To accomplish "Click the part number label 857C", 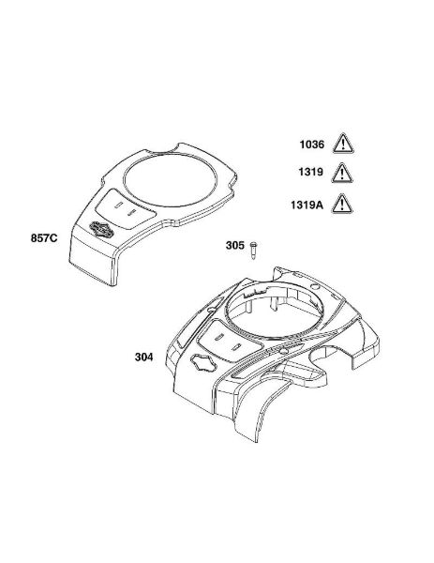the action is tap(44, 238).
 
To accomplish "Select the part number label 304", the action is tap(143, 357).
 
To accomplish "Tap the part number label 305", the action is tap(235, 245).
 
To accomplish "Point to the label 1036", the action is tap(312, 145).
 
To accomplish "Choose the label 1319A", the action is tap(307, 205).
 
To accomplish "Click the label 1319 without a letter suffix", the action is tap(310, 172).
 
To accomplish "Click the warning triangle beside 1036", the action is tap(343, 144).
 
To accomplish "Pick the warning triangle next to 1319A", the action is tap(342, 204).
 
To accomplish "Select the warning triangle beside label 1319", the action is tap(342, 173).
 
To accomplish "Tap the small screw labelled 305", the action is tap(254, 251).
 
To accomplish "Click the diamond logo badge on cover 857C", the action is tap(101, 230).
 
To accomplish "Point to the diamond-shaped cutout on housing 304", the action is tap(203, 363).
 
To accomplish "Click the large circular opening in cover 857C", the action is tap(170, 181).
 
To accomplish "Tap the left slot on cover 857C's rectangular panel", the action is tap(117, 205).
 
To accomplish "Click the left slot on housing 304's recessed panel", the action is tap(219, 338).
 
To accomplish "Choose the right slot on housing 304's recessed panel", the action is tap(235, 347).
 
